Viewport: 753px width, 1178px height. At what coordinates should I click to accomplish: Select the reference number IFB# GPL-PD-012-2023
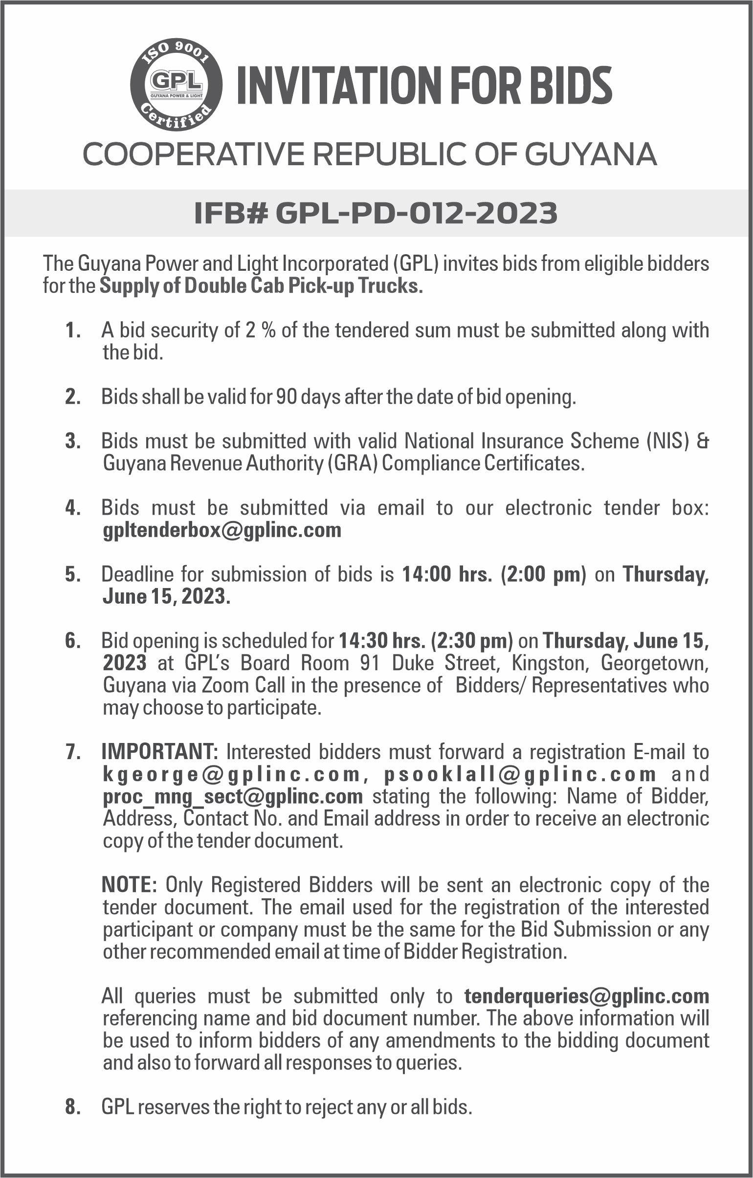[376, 214]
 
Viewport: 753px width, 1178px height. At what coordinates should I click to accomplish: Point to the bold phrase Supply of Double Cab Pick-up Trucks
[261, 286]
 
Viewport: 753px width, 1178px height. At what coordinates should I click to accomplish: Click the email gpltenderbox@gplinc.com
[222, 530]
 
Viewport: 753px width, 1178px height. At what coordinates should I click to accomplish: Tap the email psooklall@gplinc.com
[520, 774]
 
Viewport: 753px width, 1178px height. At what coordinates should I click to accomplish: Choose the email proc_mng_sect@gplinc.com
[233, 796]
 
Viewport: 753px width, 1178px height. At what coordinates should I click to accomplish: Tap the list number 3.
[72, 442]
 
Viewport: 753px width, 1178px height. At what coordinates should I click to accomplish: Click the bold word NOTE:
[129, 885]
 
